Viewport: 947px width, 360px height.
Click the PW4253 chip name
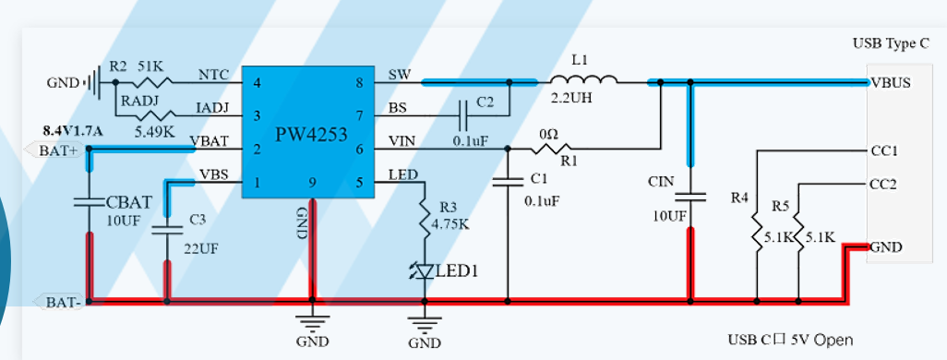pyautogui.click(x=311, y=134)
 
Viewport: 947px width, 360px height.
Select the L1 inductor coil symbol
pyautogui.click(x=583, y=79)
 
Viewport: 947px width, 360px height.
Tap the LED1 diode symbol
pyautogui.click(x=426, y=271)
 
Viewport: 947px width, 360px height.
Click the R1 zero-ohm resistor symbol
pyautogui.click(x=549, y=148)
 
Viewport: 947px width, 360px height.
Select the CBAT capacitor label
pyautogui.click(x=129, y=200)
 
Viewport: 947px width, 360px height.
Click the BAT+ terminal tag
pyautogui.click(x=55, y=150)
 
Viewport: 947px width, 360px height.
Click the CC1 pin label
pyautogui.click(x=883, y=150)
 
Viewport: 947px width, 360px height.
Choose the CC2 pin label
pyautogui.click(x=883, y=184)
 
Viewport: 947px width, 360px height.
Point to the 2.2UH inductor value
pyautogui.click(x=572, y=97)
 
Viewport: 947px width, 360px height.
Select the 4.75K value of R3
pyautogui.click(x=450, y=224)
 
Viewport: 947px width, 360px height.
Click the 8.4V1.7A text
pyautogui.click(x=74, y=130)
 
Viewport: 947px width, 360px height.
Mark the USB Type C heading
pyautogui.click(x=891, y=44)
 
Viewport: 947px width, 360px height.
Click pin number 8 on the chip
pyautogui.click(x=360, y=83)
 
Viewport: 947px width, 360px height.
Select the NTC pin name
pyautogui.click(x=213, y=75)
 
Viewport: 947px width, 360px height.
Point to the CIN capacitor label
pyautogui.click(x=661, y=182)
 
